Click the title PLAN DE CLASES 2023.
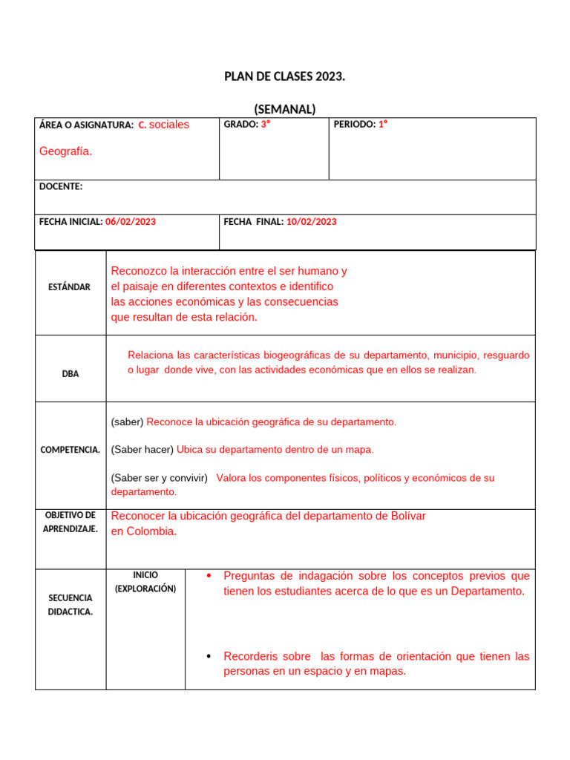pos(284,76)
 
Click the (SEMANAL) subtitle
pos(284,109)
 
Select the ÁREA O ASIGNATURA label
pos(86,125)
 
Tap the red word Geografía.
pos(65,151)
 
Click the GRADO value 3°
pos(265,125)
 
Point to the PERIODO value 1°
pos(383,125)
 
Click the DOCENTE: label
pos(61,187)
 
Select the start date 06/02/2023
pos(131,222)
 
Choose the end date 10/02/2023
pos(311,222)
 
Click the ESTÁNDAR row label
pos(71,287)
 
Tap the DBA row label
pos(71,374)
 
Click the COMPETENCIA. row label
pos(71,450)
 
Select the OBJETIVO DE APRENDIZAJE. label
pos(71,522)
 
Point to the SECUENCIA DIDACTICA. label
pos(71,605)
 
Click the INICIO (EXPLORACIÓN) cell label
pos(145,582)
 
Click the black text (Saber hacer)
pos(142,450)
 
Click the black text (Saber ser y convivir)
pos(159,478)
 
